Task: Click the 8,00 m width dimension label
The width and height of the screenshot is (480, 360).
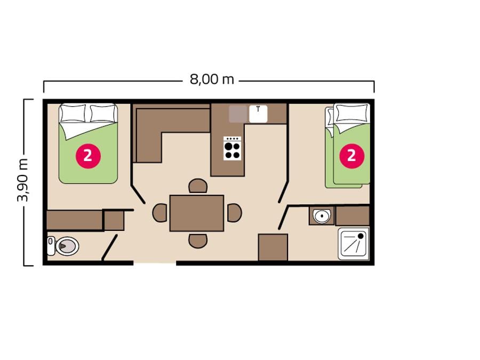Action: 212,79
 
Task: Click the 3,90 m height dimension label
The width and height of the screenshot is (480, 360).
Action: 23,181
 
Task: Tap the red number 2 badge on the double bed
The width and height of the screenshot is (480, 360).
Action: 88,156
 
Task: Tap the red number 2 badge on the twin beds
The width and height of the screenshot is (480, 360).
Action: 352,156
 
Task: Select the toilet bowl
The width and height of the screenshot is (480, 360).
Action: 67,246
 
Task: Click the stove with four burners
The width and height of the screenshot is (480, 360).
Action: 233,148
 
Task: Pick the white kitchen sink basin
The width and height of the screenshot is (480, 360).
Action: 258,114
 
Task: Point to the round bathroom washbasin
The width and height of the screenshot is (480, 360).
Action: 322,216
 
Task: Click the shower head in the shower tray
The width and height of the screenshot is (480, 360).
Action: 361,236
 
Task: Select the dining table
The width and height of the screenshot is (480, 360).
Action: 197,213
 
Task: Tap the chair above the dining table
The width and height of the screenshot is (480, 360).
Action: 198,186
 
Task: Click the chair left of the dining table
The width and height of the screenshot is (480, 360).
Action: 160,213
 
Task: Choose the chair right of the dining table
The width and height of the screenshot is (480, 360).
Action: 235,213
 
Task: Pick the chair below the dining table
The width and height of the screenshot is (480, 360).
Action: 198,241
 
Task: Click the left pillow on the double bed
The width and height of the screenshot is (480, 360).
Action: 73,113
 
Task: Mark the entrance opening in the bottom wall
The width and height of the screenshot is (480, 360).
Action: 155,263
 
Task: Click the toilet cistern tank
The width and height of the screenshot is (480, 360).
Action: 51,246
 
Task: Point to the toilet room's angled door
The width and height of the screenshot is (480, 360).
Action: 109,247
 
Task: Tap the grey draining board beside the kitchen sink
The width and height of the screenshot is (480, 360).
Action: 238,114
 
